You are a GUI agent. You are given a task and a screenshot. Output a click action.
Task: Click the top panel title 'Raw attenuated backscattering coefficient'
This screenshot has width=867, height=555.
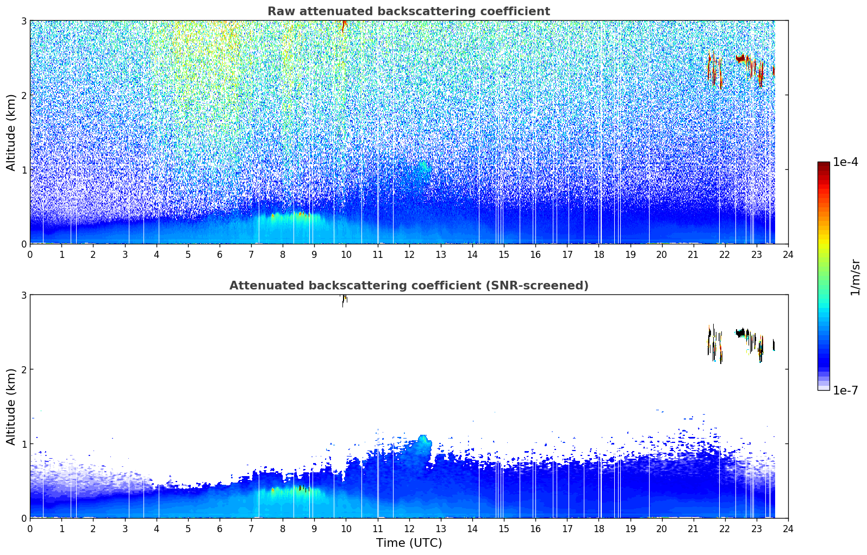pos(409,11)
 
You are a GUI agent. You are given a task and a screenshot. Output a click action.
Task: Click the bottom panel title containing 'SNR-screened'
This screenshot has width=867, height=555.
pos(409,286)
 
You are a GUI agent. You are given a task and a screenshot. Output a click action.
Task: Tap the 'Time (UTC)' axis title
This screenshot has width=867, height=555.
pos(409,543)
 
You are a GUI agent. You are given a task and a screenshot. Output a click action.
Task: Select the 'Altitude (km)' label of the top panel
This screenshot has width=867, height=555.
pos(11,133)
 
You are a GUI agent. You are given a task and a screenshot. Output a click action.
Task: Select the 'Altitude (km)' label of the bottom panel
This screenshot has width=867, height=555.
pos(11,407)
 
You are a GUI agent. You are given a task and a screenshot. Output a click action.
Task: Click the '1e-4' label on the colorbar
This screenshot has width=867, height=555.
pos(846,162)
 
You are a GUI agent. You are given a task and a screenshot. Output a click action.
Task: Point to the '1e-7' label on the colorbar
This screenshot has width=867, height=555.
pos(846,390)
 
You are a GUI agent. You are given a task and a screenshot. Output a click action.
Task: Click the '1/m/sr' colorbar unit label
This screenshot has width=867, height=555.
pos(855,277)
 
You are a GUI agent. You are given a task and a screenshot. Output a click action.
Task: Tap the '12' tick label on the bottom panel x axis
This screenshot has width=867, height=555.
pos(409,529)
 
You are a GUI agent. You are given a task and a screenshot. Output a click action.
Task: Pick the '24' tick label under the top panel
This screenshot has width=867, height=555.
pos(788,255)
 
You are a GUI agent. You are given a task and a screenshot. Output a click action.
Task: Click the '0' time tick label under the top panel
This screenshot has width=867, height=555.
pos(30,255)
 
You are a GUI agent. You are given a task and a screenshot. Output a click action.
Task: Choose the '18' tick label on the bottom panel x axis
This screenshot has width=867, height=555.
pos(599,529)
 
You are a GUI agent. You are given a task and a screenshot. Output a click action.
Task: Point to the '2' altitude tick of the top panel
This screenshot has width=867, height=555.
pos(23,95)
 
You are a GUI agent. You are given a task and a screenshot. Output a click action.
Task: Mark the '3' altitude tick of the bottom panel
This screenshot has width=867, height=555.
pos(23,295)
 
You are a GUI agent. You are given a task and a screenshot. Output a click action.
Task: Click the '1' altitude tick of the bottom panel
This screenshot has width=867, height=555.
pos(23,444)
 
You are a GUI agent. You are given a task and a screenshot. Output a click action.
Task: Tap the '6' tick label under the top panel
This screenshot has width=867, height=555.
pos(220,255)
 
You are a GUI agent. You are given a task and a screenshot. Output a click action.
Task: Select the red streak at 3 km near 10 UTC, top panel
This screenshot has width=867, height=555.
pos(344,26)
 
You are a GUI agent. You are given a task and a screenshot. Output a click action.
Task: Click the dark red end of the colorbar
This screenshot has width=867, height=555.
pos(824,165)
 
